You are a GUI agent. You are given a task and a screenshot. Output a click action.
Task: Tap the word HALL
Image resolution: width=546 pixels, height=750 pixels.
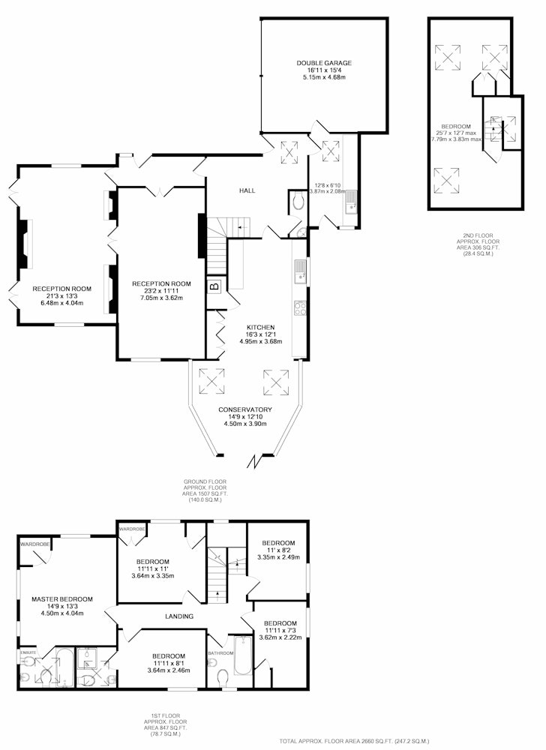pos(247,190)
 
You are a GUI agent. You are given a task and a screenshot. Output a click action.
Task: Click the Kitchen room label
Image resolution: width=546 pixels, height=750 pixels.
pos(260,327)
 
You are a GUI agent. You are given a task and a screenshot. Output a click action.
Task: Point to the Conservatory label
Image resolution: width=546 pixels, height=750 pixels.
pos(244,409)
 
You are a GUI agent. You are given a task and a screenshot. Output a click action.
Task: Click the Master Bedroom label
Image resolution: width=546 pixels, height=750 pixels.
pos(62,598)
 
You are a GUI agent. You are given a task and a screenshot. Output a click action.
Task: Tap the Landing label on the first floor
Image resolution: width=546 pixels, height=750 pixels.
pos(179,616)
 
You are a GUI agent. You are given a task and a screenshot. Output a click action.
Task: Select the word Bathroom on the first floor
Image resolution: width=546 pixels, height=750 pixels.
pos(220,653)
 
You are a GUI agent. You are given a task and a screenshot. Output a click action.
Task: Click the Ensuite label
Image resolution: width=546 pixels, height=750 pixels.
pos(28,652)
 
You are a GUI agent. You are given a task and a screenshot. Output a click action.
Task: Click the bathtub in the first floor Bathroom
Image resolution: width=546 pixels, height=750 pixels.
pos(243,655)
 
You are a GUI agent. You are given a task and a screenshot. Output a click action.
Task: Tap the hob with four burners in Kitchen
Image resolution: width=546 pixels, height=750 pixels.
pos(300,308)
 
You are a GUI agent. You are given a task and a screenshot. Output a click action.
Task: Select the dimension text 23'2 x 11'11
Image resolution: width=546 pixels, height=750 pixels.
pos(161,291)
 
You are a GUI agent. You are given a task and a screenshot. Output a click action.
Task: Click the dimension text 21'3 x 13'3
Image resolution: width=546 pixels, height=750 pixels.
pos(62,296)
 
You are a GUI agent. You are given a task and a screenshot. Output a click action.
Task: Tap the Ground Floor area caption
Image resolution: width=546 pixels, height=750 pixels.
pos(205,490)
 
